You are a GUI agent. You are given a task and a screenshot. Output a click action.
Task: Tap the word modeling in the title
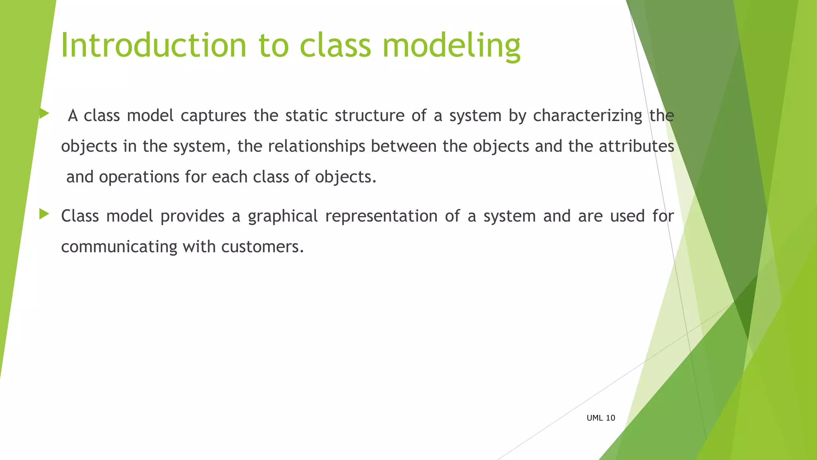[x=451, y=46]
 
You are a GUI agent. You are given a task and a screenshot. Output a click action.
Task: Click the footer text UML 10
[x=601, y=418]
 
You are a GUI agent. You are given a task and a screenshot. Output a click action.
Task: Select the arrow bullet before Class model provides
[x=44, y=214]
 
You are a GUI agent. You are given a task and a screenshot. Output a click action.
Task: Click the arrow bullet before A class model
[x=44, y=114]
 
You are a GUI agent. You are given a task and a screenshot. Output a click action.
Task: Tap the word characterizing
[x=587, y=116]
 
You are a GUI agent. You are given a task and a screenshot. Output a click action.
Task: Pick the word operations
[x=139, y=177]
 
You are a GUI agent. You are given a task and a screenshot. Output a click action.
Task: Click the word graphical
[x=282, y=216]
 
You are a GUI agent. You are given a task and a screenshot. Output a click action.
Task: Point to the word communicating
[x=119, y=247]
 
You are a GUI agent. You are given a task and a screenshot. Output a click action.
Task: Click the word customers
[x=262, y=247]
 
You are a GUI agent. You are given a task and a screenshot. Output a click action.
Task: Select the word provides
[x=192, y=216]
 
